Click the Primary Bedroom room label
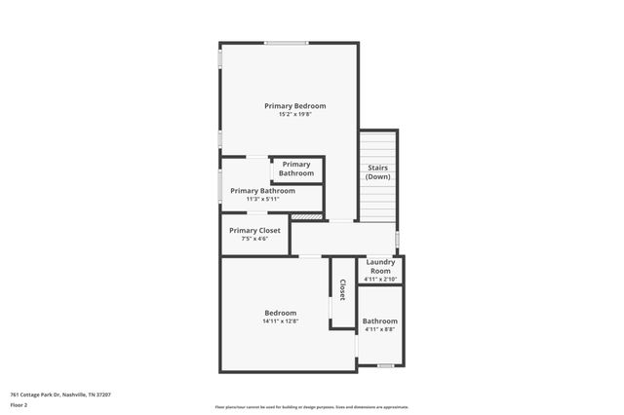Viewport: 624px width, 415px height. pos(294,105)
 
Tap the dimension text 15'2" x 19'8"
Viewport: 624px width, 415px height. pos(294,115)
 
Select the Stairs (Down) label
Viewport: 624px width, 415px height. pos(378,172)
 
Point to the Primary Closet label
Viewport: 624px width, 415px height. pos(254,230)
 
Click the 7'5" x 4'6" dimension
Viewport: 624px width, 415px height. pos(254,239)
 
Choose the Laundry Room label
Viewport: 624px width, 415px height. pos(379,267)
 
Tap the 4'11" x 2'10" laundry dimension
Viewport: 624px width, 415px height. pos(379,280)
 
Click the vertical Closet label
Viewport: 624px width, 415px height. pos(342,290)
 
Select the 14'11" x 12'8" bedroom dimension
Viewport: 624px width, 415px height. pos(280,321)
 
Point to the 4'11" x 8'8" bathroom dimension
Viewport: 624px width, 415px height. pos(379,330)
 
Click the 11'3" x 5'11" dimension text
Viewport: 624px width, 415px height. pos(262,199)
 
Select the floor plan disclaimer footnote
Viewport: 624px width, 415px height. pos(311,407)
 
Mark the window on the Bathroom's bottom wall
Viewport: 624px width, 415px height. pos(386,365)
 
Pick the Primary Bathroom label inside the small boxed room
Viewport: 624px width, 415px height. pos(296,169)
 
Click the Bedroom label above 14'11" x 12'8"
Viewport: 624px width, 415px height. pos(280,313)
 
